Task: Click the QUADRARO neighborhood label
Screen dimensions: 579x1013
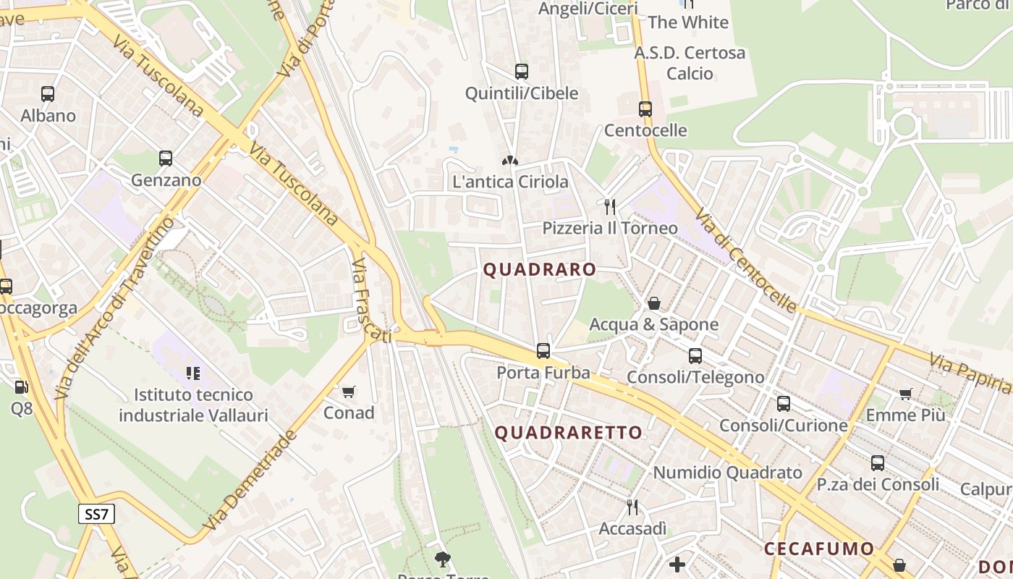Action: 540,270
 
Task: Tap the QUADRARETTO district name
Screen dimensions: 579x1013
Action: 568,433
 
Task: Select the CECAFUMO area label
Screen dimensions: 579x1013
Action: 819,548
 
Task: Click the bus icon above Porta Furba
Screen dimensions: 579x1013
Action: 543,351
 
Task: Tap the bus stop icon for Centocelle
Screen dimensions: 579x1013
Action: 645,109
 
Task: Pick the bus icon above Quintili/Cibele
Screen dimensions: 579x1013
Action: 521,72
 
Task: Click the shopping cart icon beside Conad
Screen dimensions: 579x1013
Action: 349,392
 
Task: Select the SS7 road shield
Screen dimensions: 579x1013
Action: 96,515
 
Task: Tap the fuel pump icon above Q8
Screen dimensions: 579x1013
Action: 21,387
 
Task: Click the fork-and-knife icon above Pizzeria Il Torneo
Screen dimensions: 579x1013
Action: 610,207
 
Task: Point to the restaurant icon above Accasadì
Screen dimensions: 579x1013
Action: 632,507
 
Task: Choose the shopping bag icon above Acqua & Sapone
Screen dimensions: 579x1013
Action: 654,303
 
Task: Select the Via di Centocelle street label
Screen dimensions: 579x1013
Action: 747,261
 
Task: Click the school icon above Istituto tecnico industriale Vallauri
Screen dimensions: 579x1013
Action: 192,373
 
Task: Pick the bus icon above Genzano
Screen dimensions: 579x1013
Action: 166,159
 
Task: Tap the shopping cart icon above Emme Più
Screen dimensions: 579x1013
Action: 905,394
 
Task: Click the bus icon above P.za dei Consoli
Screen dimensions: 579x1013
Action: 878,463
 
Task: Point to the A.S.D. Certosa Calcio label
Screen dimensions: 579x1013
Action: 690,63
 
